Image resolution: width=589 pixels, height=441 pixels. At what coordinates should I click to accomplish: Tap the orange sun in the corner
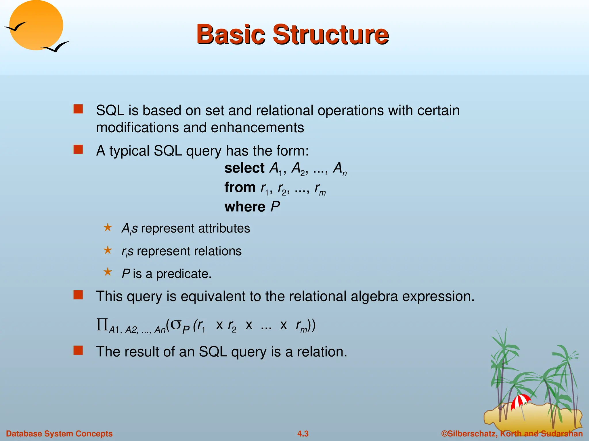click(36, 25)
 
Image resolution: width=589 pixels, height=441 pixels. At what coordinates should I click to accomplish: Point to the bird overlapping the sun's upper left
click(14, 27)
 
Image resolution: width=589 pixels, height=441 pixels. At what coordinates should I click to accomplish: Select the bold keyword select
click(244, 168)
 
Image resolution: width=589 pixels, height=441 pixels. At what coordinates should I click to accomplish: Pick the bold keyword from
click(240, 187)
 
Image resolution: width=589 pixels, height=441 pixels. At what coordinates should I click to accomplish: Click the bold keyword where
click(245, 207)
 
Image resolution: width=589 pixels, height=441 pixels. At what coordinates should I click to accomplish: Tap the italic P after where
click(275, 207)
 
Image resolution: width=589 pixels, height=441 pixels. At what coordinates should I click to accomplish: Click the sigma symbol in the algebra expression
click(176, 324)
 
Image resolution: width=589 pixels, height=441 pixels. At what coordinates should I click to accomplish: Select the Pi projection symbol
click(102, 325)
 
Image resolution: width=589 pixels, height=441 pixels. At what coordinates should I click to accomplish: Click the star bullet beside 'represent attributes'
click(108, 227)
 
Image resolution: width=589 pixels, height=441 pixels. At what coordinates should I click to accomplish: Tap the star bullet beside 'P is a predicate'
click(108, 272)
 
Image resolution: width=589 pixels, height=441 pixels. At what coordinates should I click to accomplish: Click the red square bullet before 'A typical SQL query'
click(78, 150)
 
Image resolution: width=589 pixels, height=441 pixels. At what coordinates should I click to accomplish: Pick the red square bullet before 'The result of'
click(78, 351)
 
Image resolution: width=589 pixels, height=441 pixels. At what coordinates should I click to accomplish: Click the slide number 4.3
click(303, 434)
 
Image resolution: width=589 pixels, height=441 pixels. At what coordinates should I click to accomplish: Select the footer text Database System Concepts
click(59, 434)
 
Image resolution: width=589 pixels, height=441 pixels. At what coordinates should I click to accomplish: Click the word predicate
click(184, 274)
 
